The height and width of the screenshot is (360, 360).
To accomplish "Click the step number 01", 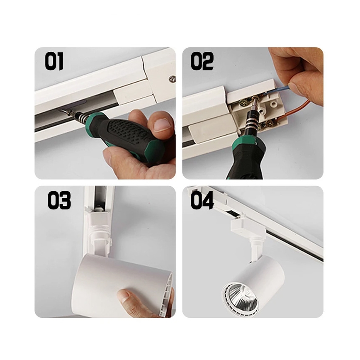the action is [x=54, y=61].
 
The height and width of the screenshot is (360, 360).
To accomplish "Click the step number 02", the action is [x=202, y=61].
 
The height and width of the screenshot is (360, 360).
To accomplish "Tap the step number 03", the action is [x=59, y=200].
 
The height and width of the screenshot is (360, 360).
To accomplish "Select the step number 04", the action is [x=202, y=200].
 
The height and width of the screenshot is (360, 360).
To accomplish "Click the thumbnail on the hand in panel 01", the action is [x=162, y=125].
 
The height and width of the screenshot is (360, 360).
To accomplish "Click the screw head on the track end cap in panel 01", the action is [x=172, y=79].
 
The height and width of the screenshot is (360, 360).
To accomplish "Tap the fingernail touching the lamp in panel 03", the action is [x=125, y=295].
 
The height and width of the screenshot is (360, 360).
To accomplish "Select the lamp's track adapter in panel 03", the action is [x=99, y=230].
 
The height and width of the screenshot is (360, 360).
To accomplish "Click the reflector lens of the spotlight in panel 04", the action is [x=241, y=297].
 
